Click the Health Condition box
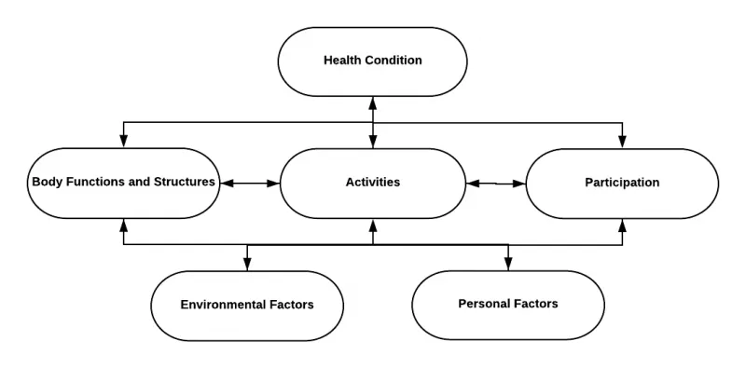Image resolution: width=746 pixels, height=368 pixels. [372, 61]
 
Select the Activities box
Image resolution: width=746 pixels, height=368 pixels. [372, 183]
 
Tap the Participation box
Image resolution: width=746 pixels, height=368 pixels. [622, 184]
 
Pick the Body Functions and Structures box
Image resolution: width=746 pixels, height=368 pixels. [124, 183]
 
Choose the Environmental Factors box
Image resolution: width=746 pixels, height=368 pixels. [247, 305]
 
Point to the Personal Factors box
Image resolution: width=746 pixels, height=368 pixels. [508, 305]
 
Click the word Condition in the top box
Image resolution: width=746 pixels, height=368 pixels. [393, 61]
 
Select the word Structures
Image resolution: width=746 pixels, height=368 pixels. [186, 182]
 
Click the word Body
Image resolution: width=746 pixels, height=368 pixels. [47, 182]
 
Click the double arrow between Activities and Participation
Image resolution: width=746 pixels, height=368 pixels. [496, 184]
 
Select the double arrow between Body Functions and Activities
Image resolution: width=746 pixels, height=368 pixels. [249, 184]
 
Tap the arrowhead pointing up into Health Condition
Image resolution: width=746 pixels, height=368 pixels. [373, 101]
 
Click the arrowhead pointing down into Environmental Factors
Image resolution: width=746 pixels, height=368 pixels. [247, 265]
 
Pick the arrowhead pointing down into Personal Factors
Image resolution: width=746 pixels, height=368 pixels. [508, 265]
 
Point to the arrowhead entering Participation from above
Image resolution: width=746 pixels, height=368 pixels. [623, 143]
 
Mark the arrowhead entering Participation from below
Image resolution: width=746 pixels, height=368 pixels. [623, 225]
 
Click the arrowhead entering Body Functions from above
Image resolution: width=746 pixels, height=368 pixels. [124, 143]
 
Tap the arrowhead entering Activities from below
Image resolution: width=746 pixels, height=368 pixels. [373, 225]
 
